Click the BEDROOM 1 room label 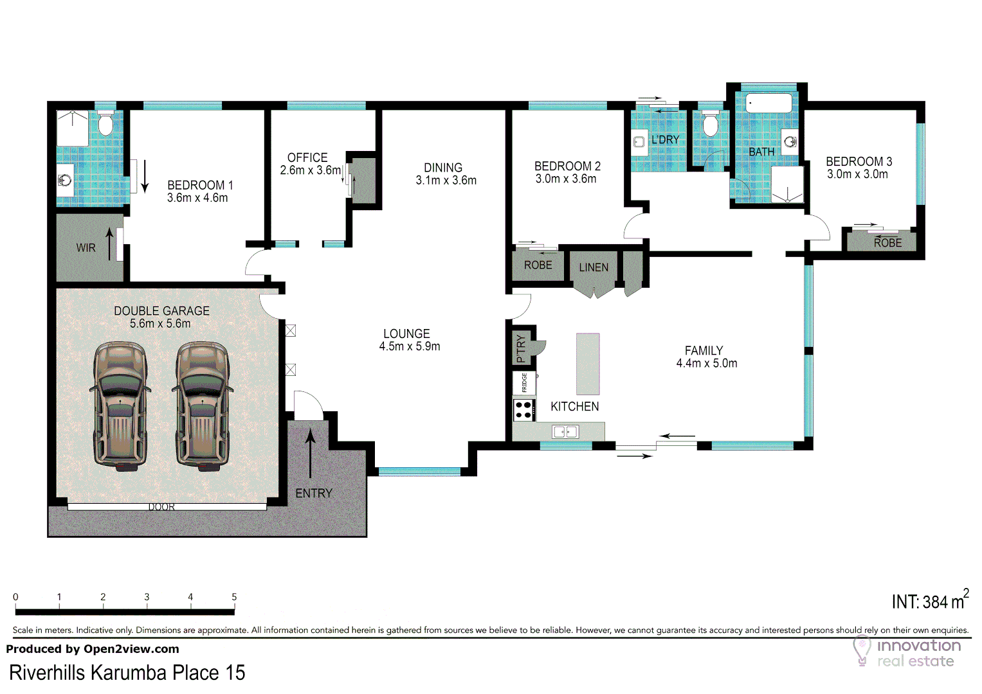tap(200, 185)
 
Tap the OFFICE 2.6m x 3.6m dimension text tap(310, 170)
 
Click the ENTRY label tap(314, 494)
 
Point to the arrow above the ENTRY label tap(311, 454)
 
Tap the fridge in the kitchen tap(524, 383)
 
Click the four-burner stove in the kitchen tap(524, 410)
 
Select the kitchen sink tap(565, 432)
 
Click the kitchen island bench tap(588, 364)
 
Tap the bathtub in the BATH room tap(769, 103)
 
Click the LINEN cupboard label tap(594, 268)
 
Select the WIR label tap(86, 248)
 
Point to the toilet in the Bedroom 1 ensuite tap(105, 124)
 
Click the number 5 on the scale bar tap(234, 597)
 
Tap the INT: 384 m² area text tap(929, 601)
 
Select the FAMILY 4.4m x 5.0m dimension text tap(707, 363)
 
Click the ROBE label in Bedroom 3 tap(887, 243)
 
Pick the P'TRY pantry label tap(522, 348)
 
